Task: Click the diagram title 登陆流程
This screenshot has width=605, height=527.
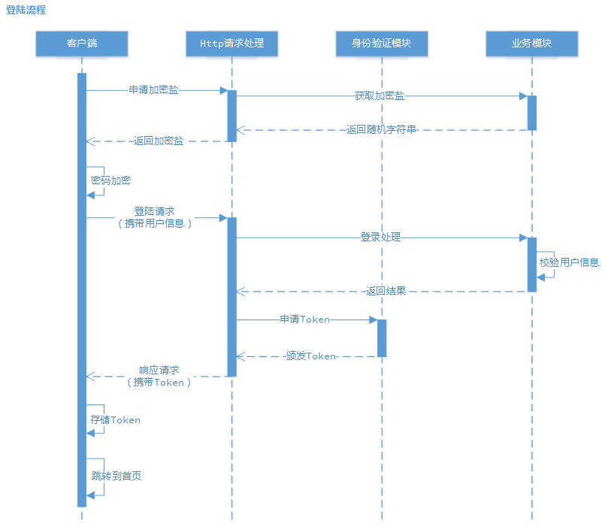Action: pos(26,10)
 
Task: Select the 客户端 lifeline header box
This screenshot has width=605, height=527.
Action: pos(81,44)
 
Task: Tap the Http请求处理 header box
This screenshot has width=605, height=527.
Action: pos(231,44)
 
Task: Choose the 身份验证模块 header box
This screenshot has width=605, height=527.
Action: pos(382,44)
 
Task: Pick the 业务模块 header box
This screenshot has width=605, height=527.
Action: pos(531,44)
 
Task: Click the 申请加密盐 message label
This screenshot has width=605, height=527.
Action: pos(153,89)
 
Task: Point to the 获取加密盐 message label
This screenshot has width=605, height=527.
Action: pos(380,96)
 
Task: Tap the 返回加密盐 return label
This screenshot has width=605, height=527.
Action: pos(158,141)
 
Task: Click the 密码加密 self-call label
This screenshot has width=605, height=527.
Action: pos(110,180)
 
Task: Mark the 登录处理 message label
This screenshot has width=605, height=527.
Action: pos(380,238)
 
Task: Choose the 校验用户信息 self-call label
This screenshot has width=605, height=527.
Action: pos(569,262)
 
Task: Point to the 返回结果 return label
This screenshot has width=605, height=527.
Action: pos(386,291)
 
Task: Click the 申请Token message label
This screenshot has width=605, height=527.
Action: pos(304,320)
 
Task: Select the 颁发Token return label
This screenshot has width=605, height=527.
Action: pos(310,356)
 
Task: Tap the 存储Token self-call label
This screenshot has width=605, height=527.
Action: pos(115,420)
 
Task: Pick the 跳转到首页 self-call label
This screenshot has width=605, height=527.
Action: pos(116,476)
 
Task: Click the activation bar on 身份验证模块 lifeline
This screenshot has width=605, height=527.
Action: pos(382,338)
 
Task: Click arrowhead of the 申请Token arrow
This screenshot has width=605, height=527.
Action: pos(373,320)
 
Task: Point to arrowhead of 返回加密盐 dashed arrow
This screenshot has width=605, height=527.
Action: pos(90,141)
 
